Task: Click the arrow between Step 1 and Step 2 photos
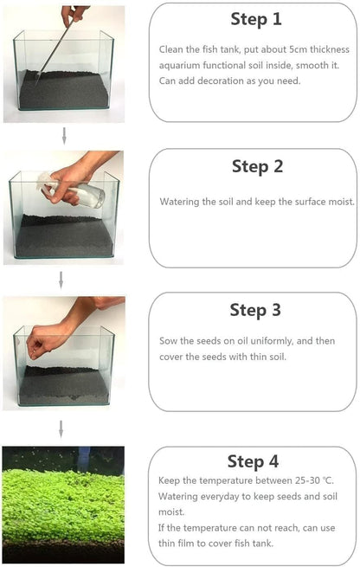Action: point(63,134)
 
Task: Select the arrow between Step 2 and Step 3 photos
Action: point(61,279)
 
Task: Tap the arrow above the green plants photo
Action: point(61,428)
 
